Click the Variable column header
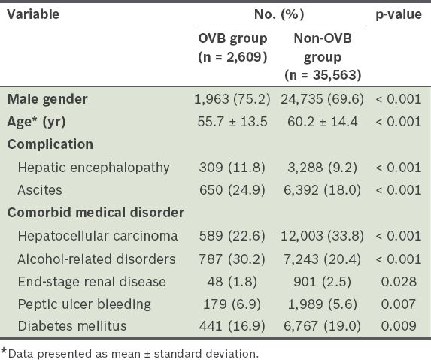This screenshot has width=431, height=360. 33,14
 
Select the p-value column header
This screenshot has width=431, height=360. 399,15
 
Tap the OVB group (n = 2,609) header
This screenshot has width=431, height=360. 232,48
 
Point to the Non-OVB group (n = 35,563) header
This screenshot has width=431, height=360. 323,56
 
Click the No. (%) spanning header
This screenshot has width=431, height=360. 279,14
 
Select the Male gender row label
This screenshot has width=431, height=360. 47,99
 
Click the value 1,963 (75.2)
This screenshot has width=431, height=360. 232,99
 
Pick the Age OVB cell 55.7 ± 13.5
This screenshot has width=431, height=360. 232,122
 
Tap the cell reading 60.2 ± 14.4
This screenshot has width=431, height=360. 323,122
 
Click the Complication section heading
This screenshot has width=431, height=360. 50,144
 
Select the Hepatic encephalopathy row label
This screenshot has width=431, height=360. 94,168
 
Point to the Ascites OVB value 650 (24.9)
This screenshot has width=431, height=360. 232,190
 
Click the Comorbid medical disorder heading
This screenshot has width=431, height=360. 96,213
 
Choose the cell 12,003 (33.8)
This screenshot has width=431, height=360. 322,236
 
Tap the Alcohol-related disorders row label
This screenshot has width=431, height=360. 96,259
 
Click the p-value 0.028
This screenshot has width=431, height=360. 399,282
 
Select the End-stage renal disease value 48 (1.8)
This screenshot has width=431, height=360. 232,282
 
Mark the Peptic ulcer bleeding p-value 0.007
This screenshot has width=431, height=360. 399,304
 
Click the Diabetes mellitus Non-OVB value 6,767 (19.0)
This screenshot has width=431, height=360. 322,326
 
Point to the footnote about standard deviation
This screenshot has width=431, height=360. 130,354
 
